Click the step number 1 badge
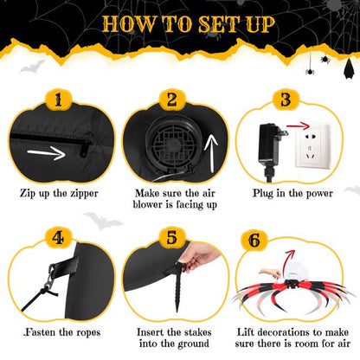pos(59,100)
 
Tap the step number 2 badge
pos(172,100)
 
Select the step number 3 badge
pos(286,100)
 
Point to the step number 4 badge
pos(59,238)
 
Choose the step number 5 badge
pos(172,238)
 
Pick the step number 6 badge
pos(254,240)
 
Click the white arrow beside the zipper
pos(47,152)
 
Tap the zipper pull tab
pos(85,149)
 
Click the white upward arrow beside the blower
pos(211,154)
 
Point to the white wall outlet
pos(312,145)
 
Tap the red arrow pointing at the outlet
pos(298,126)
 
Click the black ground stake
pos(177,286)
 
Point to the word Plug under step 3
pos(263,194)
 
